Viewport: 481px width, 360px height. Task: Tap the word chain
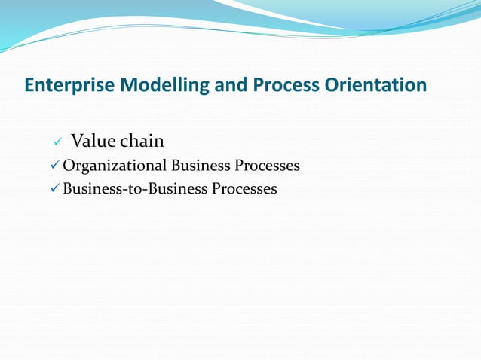(x=141, y=141)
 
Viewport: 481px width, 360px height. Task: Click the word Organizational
(x=115, y=166)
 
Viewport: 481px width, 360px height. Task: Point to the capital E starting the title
(x=29, y=85)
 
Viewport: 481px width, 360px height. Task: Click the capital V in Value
(x=76, y=141)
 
